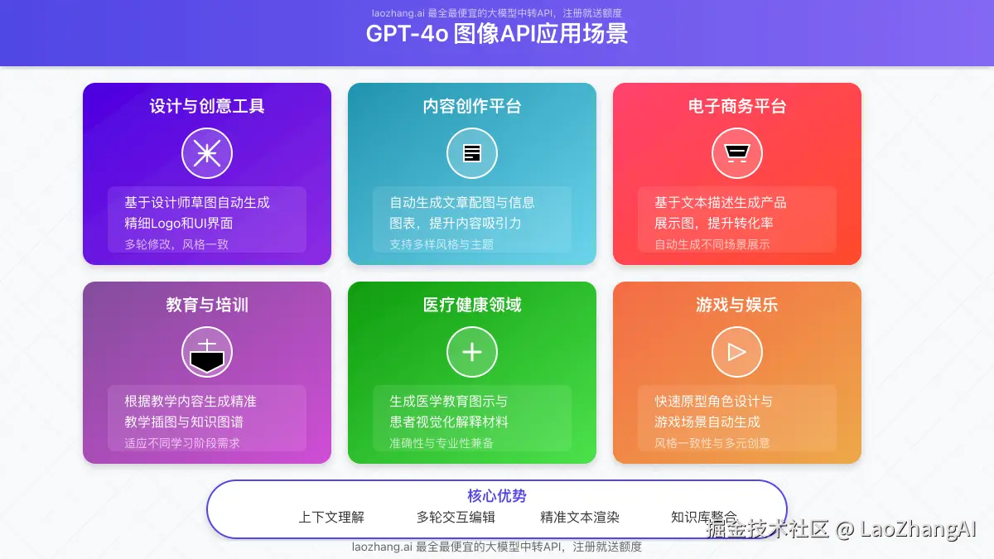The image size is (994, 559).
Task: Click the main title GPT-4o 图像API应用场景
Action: pyautogui.click(x=497, y=34)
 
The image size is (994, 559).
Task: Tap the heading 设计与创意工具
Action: pyautogui.click(x=207, y=106)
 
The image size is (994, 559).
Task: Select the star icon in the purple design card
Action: pyautogui.click(x=207, y=153)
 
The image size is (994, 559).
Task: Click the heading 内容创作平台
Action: pyautogui.click(x=472, y=106)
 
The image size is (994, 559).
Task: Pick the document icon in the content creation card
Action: pyautogui.click(x=472, y=153)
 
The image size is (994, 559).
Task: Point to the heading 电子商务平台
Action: pyautogui.click(x=737, y=106)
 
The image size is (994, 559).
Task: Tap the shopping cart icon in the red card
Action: pyautogui.click(x=737, y=153)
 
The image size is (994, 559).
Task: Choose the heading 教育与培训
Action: pyautogui.click(x=207, y=305)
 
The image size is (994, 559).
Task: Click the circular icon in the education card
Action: pyautogui.click(x=207, y=352)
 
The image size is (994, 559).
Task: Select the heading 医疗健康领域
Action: pyautogui.click(x=472, y=305)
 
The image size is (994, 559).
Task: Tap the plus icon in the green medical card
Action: pyautogui.click(x=472, y=352)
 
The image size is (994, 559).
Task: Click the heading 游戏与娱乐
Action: pyautogui.click(x=737, y=305)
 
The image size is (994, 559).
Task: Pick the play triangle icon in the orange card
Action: pyautogui.click(x=737, y=352)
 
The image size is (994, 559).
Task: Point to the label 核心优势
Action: pyautogui.click(x=497, y=496)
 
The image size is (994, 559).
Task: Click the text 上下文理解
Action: pyautogui.click(x=331, y=517)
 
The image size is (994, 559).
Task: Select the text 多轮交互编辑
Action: pyautogui.click(x=456, y=517)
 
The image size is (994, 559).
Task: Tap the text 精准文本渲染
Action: pyautogui.click(x=580, y=517)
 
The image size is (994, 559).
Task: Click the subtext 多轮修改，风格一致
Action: pyautogui.click(x=176, y=244)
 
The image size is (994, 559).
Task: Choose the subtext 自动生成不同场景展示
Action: pyautogui.click(x=712, y=244)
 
